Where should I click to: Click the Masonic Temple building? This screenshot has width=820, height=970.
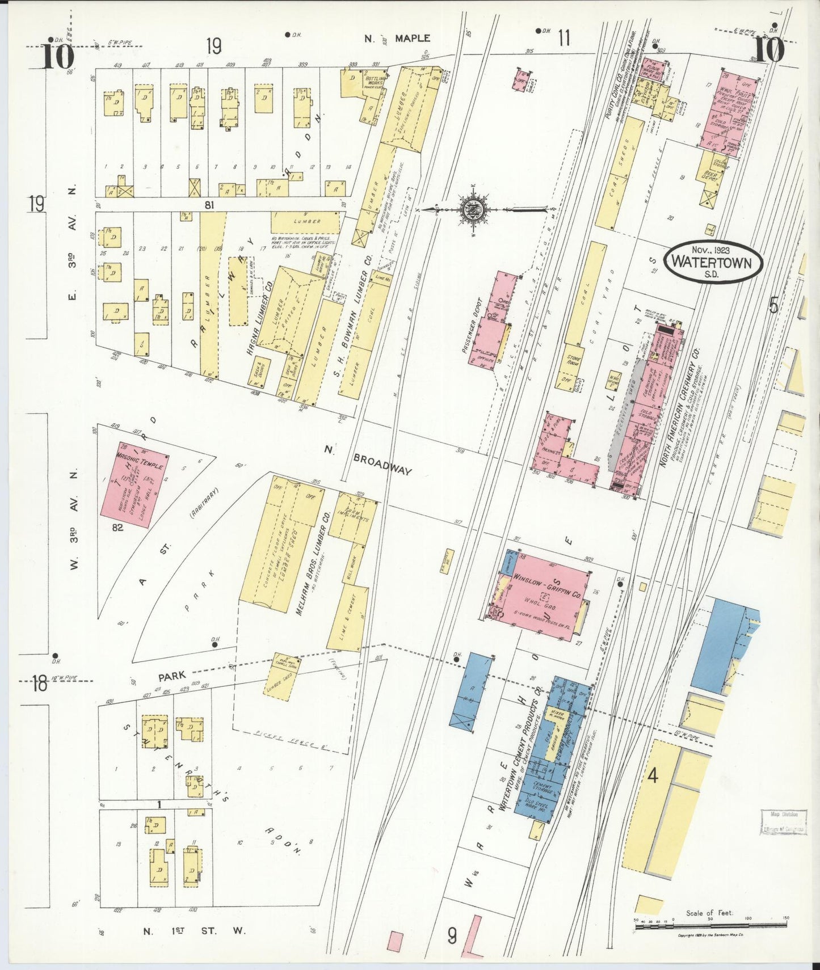click(134, 485)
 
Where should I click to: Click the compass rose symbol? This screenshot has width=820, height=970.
click(475, 209)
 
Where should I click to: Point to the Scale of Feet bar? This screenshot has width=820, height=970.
click(710, 925)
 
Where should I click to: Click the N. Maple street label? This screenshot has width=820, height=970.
click(397, 39)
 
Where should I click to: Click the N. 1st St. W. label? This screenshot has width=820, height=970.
click(194, 931)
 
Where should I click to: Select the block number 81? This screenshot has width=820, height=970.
click(209, 205)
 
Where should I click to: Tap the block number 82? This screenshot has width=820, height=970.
click(117, 527)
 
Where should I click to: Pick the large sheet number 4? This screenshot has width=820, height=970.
click(653, 775)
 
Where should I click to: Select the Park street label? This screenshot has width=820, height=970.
click(172, 676)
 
